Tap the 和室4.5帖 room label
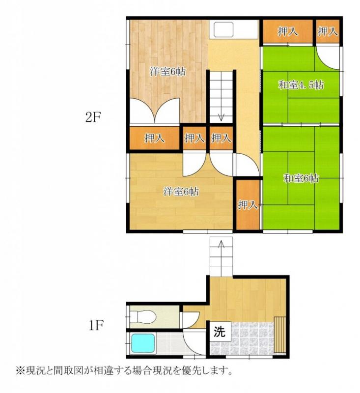pyautogui.click(x=301, y=84)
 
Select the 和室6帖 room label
pyautogui.click(x=301, y=178)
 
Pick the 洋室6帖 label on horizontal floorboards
pyautogui.click(x=181, y=192)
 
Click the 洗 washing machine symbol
pyautogui.click(x=219, y=331)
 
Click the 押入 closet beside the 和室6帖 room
pyautogui.click(x=248, y=204)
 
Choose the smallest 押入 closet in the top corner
pyautogui.click(x=327, y=31)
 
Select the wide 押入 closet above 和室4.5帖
pyautogui.click(x=287, y=32)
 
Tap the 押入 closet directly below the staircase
pyautogui.click(x=221, y=138)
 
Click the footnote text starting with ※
pyautogui.click(x=123, y=369)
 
